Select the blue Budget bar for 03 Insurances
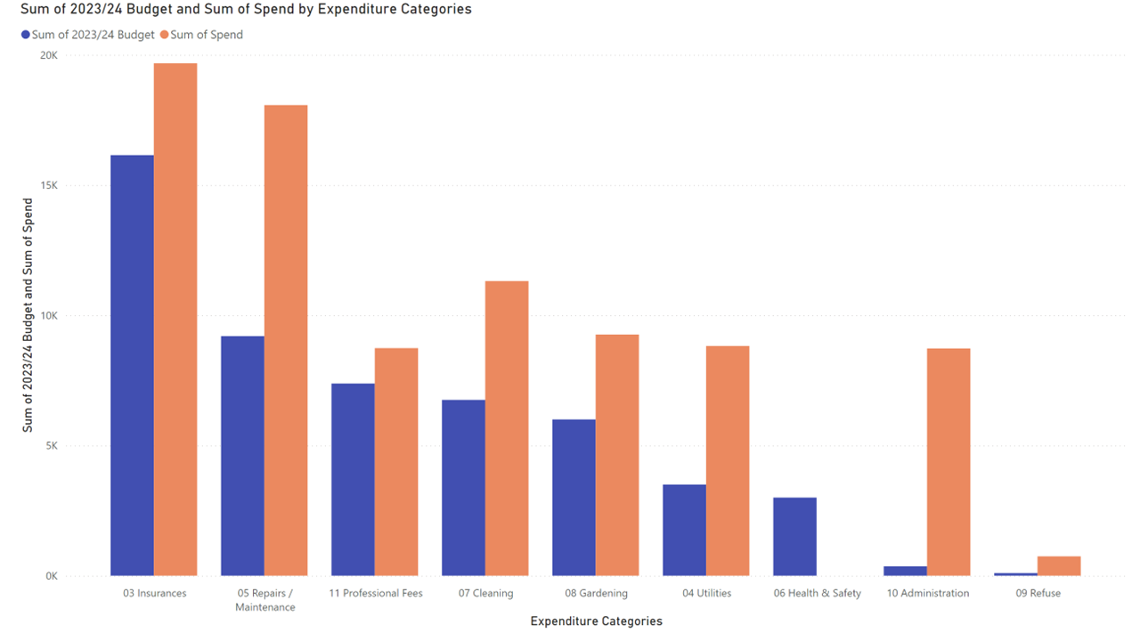click(x=132, y=365)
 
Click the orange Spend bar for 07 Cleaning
click(x=507, y=428)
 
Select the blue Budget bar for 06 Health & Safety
click(x=794, y=536)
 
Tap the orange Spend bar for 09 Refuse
click(x=1059, y=566)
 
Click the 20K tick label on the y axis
click(x=49, y=55)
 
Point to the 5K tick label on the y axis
click(x=52, y=446)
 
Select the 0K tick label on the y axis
click(x=52, y=576)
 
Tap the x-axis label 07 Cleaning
click(x=485, y=593)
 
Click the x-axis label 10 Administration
click(x=927, y=593)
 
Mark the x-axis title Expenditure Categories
click(x=596, y=621)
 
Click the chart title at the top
click(x=246, y=10)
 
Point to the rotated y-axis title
click(x=28, y=316)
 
